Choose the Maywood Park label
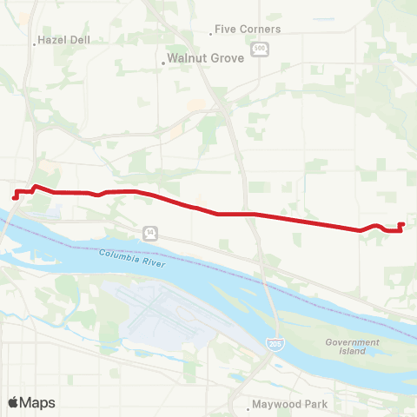[x=289, y=405]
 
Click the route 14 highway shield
[x=150, y=232]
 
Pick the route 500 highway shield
[x=259, y=49]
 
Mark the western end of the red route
[x=15, y=197]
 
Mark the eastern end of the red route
[x=401, y=224]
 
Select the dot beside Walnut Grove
[x=165, y=62]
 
